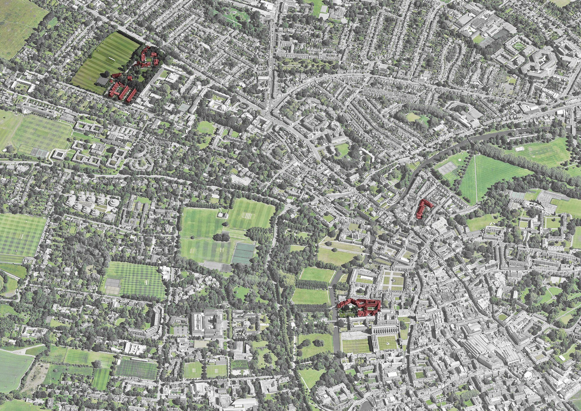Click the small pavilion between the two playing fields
pyautogui.click(x=223, y=215)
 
